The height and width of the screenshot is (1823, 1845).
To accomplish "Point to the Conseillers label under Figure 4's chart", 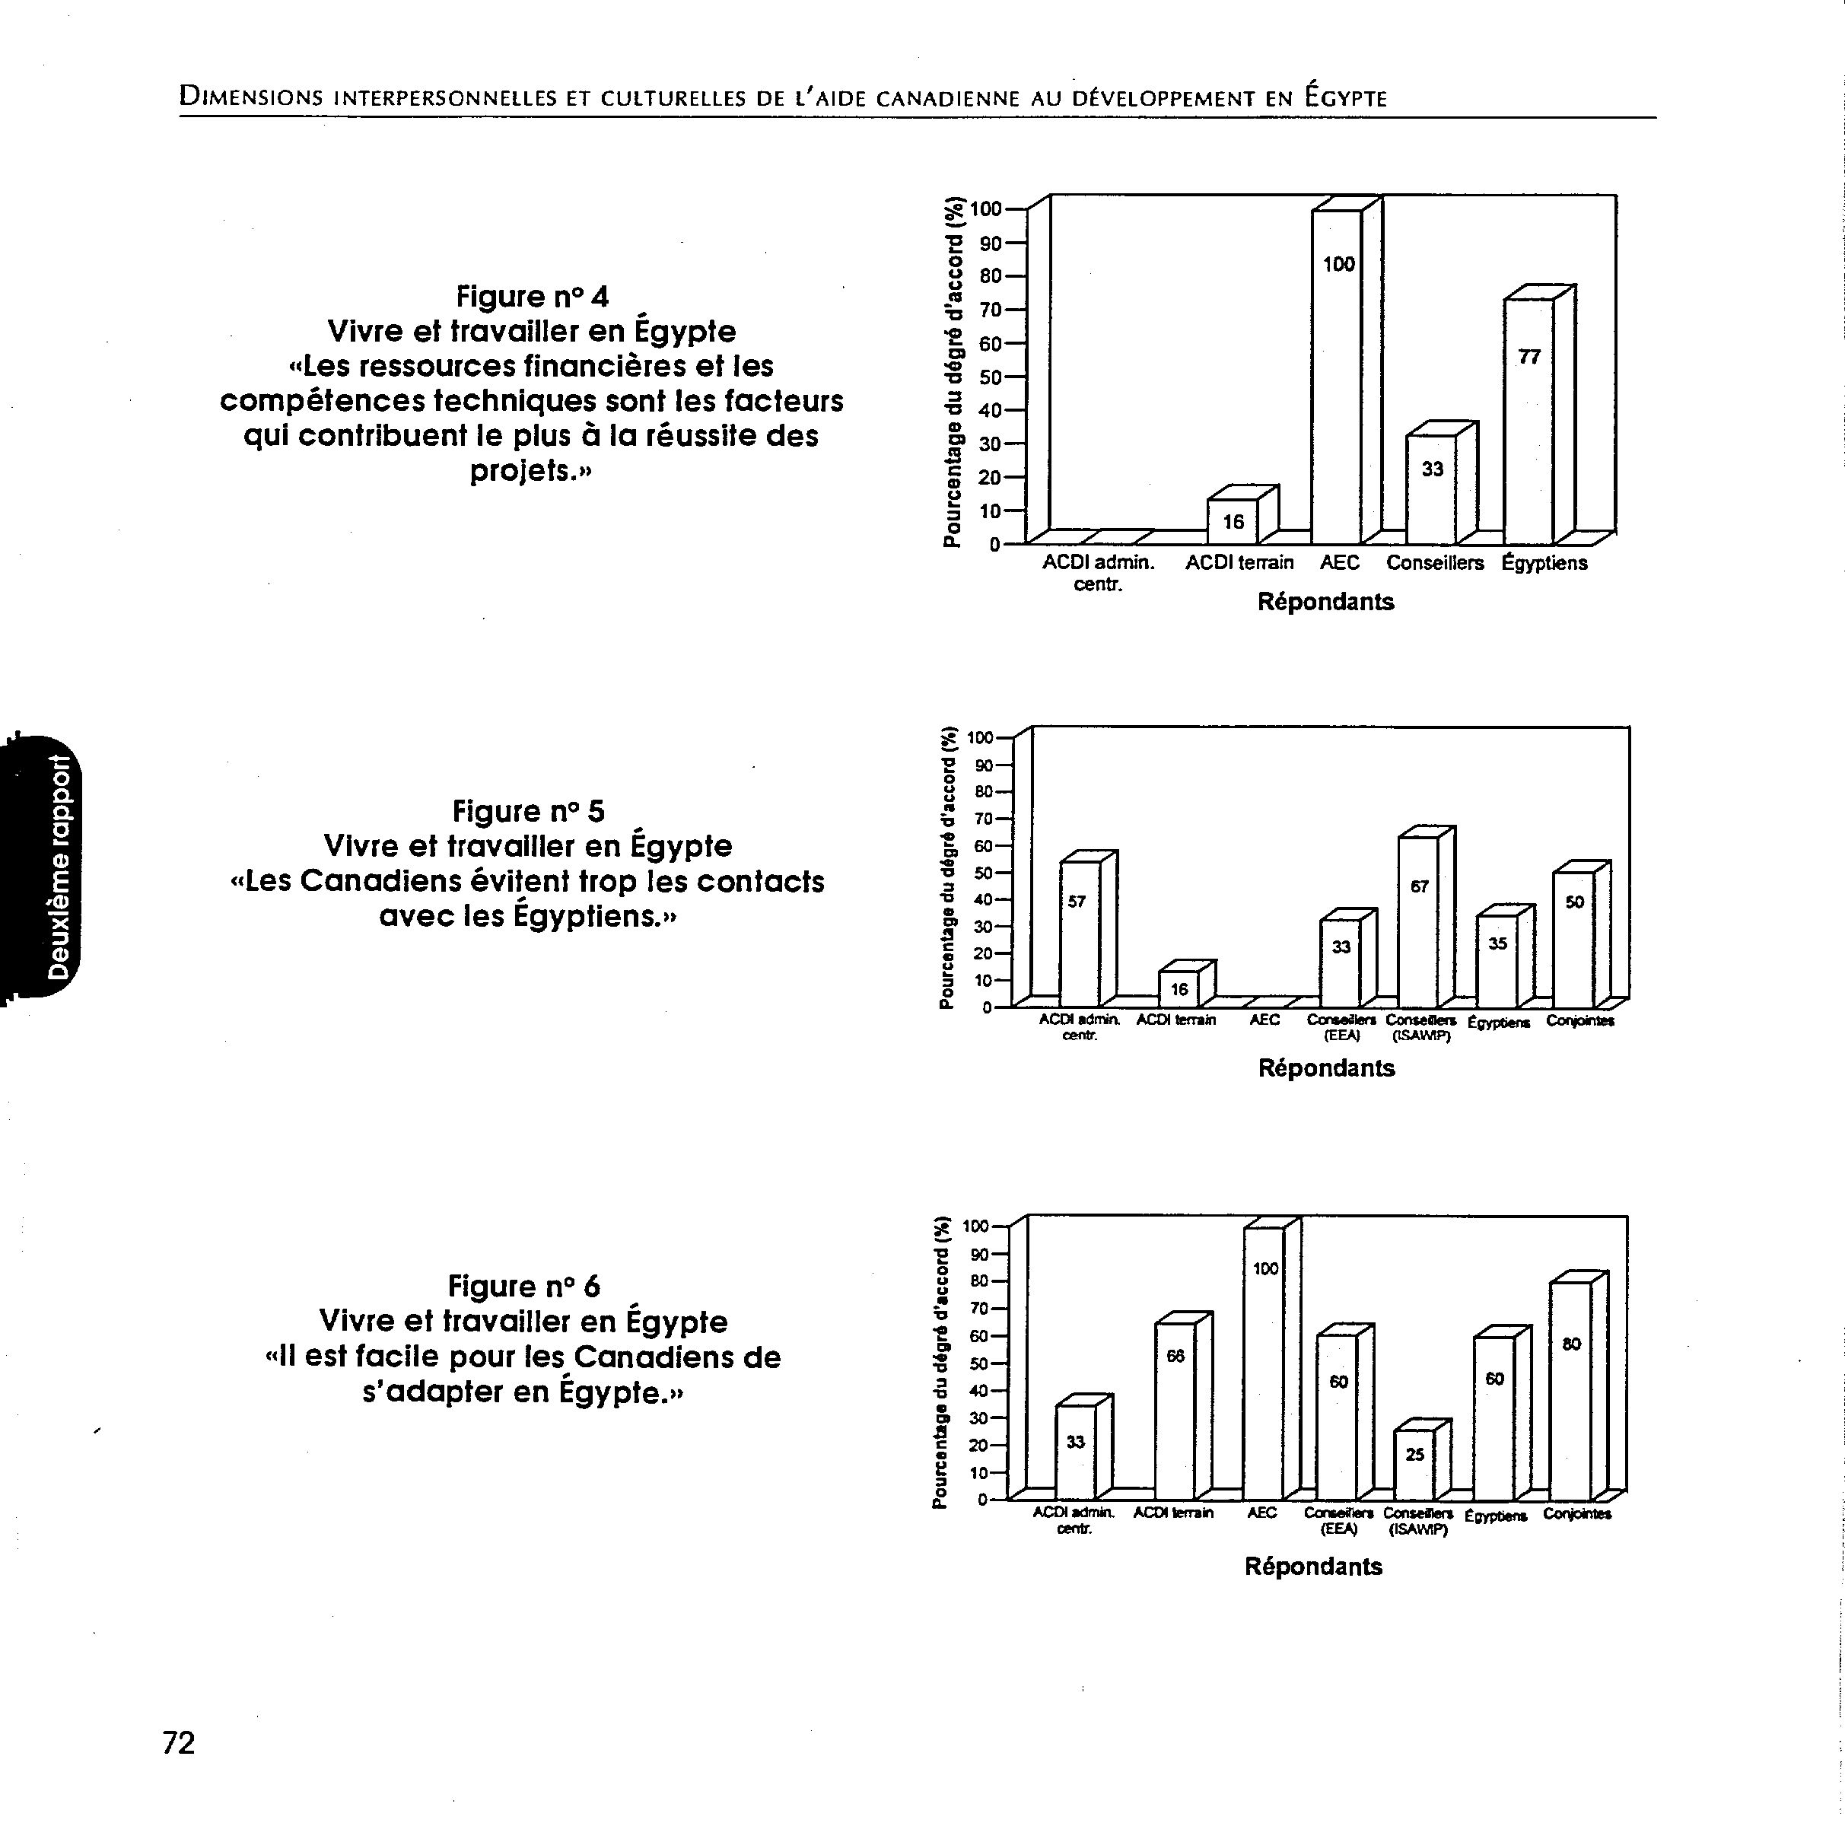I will [1434, 562].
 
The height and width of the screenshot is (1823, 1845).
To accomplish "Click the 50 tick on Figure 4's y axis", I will [989, 377].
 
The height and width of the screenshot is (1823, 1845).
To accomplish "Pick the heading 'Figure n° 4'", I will [532, 296].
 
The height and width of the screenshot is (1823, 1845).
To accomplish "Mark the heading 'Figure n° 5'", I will [528, 811].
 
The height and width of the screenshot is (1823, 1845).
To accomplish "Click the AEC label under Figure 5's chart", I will [1264, 1020].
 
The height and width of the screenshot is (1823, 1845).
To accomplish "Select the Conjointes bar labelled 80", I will [1571, 1390].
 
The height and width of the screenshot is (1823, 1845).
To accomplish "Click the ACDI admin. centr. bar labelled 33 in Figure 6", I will [1075, 1452].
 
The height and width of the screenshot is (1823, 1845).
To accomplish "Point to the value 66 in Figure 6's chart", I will [1175, 1355].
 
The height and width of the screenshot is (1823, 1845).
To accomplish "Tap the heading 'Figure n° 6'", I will [524, 1287].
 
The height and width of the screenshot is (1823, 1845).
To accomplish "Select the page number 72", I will [179, 1743].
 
